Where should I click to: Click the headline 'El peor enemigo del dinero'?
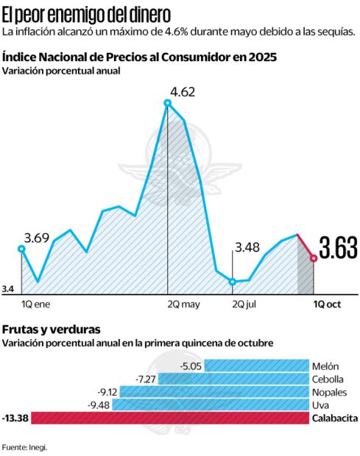pos(86,13)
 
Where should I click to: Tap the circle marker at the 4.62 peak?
pos(168,103)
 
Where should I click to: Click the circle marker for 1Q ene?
pos(21,249)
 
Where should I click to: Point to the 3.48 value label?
pos(247,247)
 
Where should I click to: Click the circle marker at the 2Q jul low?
pos(233,282)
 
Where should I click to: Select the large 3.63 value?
pos(337,250)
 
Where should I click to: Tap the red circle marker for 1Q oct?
pos(314,258)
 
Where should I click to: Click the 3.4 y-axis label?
pos(9,290)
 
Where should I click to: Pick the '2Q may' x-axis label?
pos(183,302)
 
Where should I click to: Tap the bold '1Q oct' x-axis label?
pos(328,302)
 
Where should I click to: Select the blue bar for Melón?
pos(255,366)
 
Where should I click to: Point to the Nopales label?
pos(328,392)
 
